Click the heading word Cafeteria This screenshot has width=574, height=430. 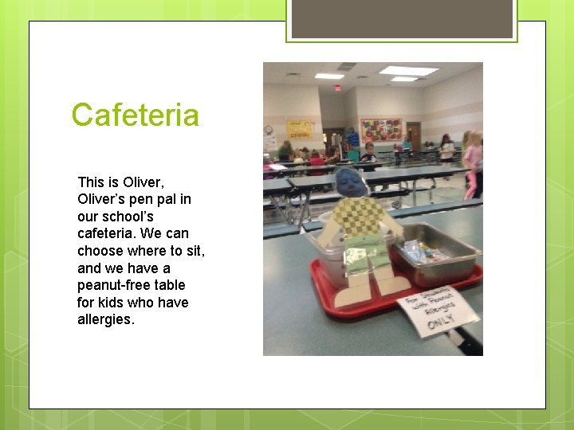click(135, 115)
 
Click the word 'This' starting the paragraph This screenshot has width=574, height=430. click(91, 182)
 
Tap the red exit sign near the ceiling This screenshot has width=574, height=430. click(338, 88)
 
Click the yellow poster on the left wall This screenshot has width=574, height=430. click(301, 129)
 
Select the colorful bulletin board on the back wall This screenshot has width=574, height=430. click(381, 130)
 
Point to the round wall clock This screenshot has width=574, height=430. click(269, 129)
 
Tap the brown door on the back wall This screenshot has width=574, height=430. click(413, 135)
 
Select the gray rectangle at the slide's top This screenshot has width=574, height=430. click(402, 18)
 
